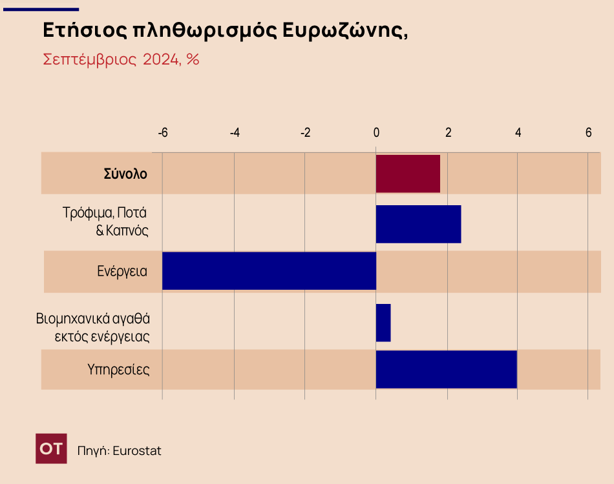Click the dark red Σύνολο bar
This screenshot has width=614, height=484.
[x=408, y=174]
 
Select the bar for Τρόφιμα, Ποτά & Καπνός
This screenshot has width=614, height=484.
[x=418, y=224]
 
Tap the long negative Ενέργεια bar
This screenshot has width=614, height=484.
[x=269, y=271]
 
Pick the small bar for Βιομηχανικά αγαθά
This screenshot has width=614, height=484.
[x=383, y=323]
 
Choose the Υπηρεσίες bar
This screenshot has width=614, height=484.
[x=446, y=369]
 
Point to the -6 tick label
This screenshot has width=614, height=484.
[x=163, y=132]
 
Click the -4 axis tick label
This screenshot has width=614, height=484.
[x=235, y=132]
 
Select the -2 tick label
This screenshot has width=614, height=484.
[x=305, y=132]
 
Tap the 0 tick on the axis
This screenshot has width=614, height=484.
[x=376, y=132]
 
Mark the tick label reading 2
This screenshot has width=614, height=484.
[x=448, y=132]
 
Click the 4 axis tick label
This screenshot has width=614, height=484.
[x=518, y=132]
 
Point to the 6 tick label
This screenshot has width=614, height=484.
[x=588, y=132]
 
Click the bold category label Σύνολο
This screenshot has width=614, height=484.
[x=125, y=174]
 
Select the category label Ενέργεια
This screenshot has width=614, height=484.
[x=122, y=271]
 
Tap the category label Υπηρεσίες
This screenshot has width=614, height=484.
[x=118, y=370]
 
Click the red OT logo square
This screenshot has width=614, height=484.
[x=51, y=449]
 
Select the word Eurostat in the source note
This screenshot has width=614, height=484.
[x=137, y=450]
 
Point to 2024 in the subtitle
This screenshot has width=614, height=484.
[x=162, y=60]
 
